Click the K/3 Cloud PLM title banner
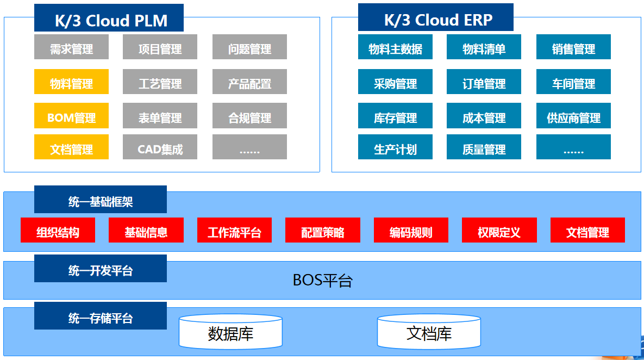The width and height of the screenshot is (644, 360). [109, 17]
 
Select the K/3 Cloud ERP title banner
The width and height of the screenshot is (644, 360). [436, 17]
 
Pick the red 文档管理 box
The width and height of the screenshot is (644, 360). [587, 230]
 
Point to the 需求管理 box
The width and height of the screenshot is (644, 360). [71, 47]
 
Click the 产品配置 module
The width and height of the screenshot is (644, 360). [249, 82]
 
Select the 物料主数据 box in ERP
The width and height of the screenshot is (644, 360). [395, 47]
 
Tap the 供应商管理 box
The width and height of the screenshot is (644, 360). [573, 116]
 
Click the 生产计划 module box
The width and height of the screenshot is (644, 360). [395, 147]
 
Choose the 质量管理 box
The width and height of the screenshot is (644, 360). [484, 147]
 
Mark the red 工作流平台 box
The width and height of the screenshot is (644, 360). [234, 230]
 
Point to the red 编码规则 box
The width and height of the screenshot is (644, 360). [411, 230]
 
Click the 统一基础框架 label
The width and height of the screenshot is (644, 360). [100, 200]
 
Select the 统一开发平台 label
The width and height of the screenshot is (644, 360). [100, 268]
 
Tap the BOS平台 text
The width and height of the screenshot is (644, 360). [322, 280]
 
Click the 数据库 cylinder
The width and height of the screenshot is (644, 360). [230, 332]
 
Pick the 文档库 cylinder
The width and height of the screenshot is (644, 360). [429, 332]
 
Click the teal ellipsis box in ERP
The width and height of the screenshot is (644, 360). [573, 147]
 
